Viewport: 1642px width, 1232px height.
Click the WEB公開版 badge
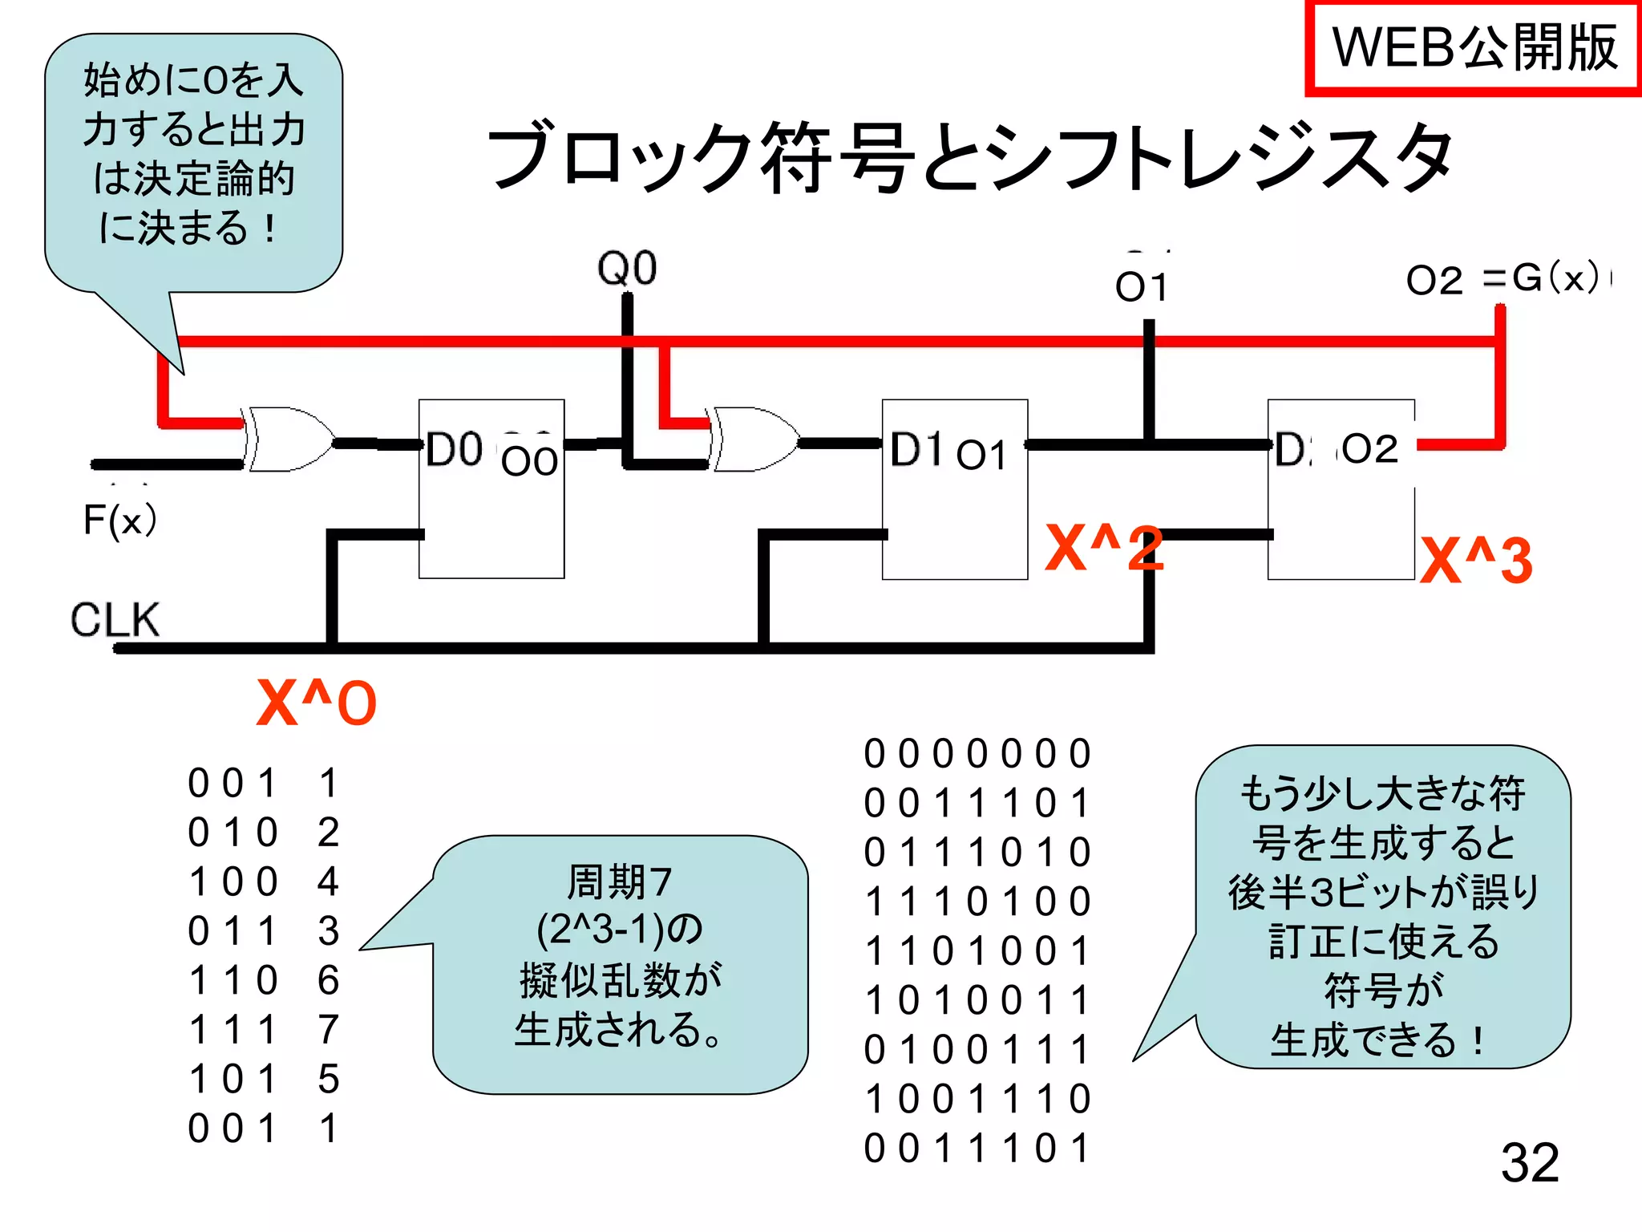tap(1474, 48)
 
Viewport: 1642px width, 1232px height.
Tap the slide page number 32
tap(1529, 1162)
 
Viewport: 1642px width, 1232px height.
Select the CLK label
tap(115, 620)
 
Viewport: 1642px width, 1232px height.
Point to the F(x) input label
tap(119, 521)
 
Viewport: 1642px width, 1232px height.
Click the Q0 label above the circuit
tap(627, 268)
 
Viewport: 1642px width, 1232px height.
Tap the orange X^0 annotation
tap(316, 703)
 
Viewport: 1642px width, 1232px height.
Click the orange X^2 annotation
tap(1103, 549)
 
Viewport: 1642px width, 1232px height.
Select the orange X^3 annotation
tap(1475, 559)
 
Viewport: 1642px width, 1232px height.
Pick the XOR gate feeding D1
tap(754, 440)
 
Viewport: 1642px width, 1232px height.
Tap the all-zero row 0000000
tap(977, 754)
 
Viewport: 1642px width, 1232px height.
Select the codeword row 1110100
tap(977, 902)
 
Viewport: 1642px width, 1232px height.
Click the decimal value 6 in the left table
tap(328, 980)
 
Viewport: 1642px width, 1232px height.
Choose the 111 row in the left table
tap(233, 1030)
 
